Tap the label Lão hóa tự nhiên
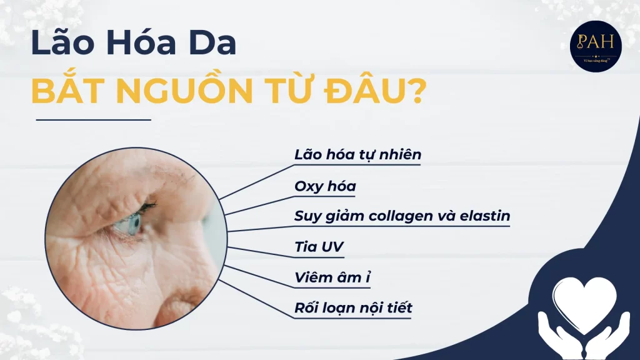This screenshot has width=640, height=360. pos(358,154)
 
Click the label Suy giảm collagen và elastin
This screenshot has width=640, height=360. pos(402,216)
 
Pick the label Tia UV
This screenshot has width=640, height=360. pos(319,247)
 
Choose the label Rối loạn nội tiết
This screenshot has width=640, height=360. pos(353,308)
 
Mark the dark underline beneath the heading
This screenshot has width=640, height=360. pos(94,119)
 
